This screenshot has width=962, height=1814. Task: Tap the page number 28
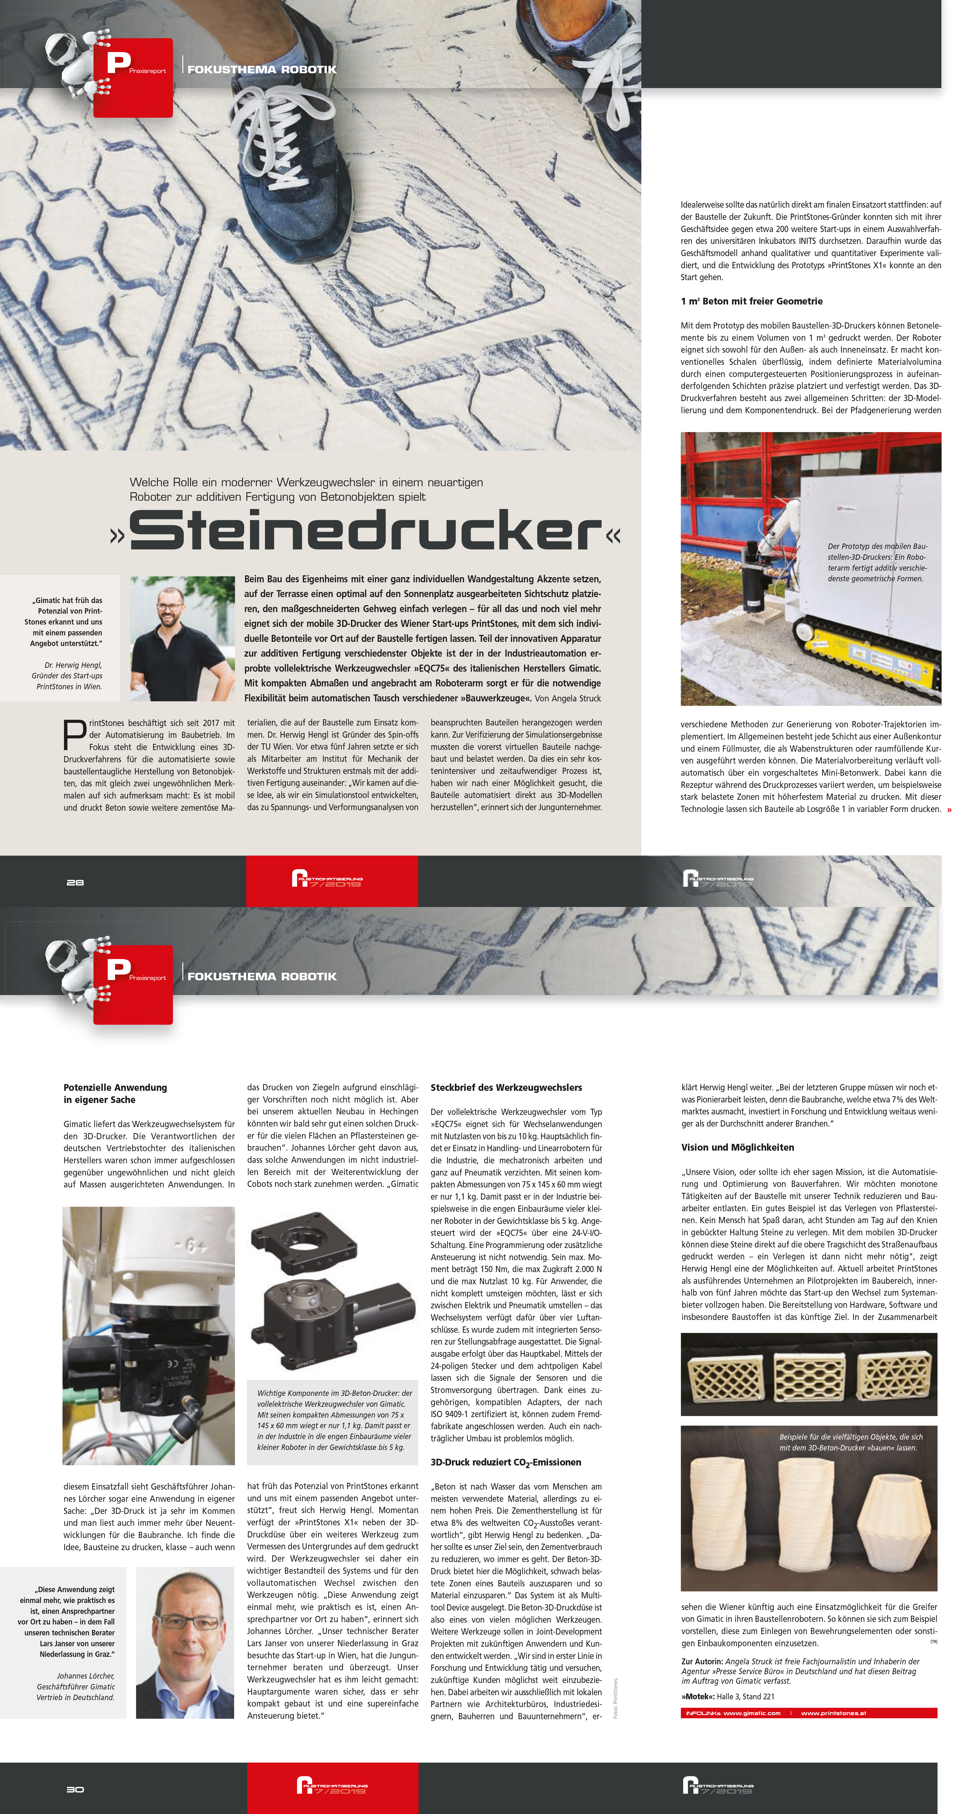[75, 882]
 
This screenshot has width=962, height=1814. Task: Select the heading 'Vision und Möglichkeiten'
[737, 1147]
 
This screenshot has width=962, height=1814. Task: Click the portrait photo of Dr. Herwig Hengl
[182, 638]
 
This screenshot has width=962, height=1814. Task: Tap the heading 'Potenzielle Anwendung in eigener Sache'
[115, 1094]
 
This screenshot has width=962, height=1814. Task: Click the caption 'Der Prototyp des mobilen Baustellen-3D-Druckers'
[877, 562]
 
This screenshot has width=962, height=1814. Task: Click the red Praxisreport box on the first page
[133, 77]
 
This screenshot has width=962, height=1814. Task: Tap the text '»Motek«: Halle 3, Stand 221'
[728, 1696]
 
